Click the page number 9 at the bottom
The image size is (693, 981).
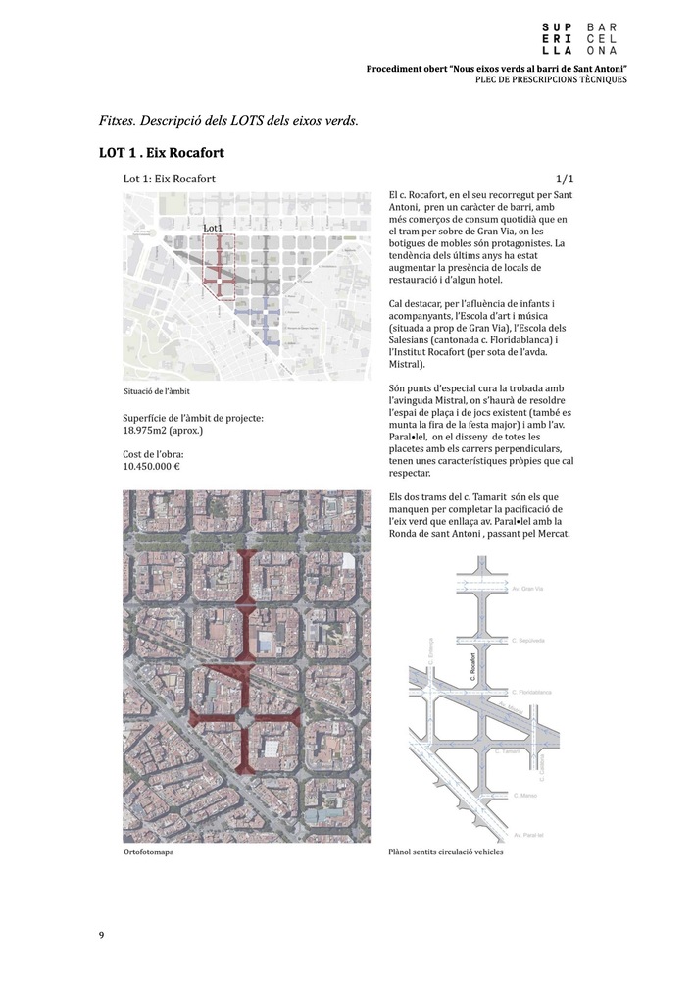tap(101, 934)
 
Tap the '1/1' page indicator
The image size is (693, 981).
tap(564, 180)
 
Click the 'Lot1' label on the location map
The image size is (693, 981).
tap(213, 228)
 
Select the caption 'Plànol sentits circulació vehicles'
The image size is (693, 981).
tap(446, 852)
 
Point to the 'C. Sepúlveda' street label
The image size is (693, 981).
tap(528, 638)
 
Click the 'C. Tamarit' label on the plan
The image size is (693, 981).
tap(509, 750)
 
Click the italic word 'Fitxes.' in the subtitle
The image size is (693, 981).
tap(117, 121)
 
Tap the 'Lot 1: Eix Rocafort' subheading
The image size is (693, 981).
tap(170, 180)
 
